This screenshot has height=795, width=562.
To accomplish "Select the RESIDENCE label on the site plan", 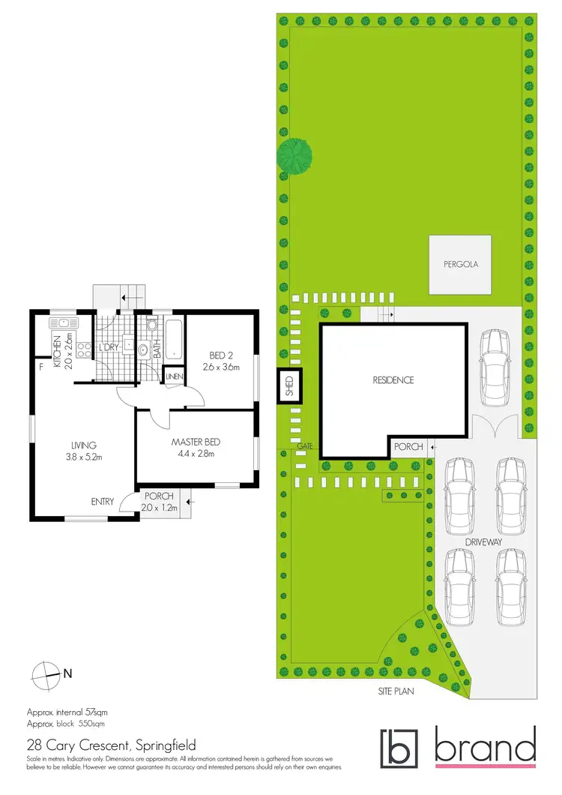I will click(x=393, y=380).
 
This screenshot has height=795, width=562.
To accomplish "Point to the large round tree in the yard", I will click(x=295, y=156).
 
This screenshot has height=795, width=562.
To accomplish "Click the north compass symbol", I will click(x=46, y=673).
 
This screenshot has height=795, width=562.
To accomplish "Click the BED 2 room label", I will click(x=219, y=361).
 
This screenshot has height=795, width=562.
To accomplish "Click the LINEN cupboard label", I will click(x=175, y=376).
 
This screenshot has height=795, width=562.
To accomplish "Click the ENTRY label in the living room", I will click(x=103, y=501).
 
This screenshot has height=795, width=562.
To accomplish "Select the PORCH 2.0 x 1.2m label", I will click(x=160, y=501).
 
